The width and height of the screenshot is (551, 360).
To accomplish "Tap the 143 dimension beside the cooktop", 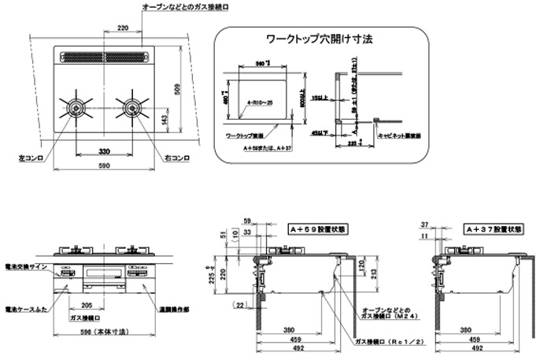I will [164, 119].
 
